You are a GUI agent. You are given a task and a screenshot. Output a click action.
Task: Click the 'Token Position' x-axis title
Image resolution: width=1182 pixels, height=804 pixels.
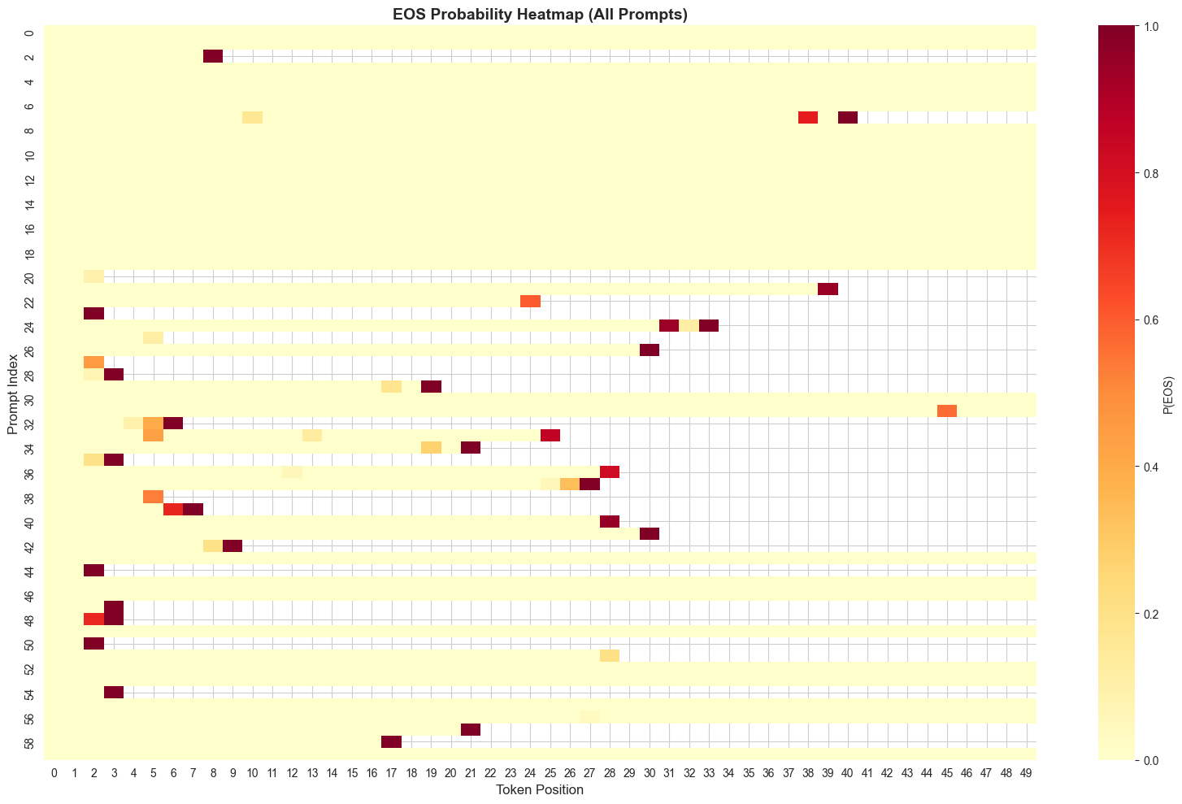[540, 789]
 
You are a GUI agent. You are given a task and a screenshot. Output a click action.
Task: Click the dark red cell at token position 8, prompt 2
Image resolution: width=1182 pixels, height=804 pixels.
[213, 56]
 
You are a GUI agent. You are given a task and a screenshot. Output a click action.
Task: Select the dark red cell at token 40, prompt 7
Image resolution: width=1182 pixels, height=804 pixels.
[848, 117]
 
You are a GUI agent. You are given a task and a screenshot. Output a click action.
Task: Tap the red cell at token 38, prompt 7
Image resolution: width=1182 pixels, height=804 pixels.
[808, 117]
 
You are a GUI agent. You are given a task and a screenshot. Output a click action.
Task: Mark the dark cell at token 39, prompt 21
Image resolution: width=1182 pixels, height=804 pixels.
[828, 289]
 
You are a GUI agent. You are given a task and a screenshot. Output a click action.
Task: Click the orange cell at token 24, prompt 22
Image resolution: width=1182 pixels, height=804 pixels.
[530, 301]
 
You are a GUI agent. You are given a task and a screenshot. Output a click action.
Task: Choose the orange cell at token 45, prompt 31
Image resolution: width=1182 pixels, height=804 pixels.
[947, 411]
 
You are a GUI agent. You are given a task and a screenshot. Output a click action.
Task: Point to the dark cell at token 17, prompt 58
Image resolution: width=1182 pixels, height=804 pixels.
[391, 741]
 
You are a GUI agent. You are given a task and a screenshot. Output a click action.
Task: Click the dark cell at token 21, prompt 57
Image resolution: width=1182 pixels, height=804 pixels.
[471, 729]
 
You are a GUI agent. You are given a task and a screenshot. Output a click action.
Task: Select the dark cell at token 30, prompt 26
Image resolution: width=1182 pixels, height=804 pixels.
[650, 350]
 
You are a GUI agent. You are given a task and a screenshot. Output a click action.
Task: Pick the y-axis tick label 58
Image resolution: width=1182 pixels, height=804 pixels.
[29, 741]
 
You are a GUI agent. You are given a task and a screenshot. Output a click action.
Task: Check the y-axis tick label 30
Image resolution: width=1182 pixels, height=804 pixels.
[29, 398]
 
